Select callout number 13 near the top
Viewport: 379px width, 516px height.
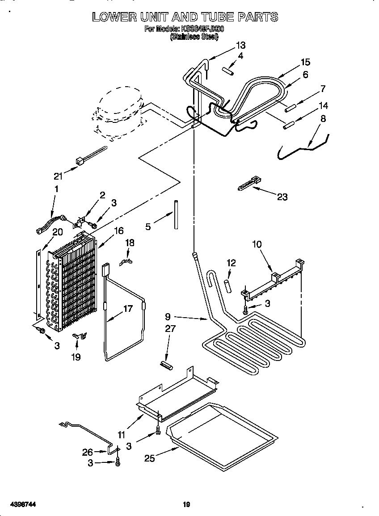coord(240,45)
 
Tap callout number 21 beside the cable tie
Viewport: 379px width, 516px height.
coord(59,176)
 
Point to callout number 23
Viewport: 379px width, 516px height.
coord(282,197)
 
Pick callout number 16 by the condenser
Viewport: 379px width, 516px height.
coord(118,231)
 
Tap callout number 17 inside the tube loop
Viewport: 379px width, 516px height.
coord(128,309)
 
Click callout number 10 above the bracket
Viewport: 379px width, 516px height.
coord(257,245)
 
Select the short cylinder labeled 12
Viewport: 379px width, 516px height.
coord(228,285)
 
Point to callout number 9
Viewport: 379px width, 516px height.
coord(168,317)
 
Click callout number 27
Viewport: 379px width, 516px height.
coord(170,329)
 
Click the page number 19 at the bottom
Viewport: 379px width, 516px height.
coord(186,505)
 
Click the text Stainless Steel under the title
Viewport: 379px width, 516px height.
coord(194,38)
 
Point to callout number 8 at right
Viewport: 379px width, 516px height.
coord(323,119)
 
